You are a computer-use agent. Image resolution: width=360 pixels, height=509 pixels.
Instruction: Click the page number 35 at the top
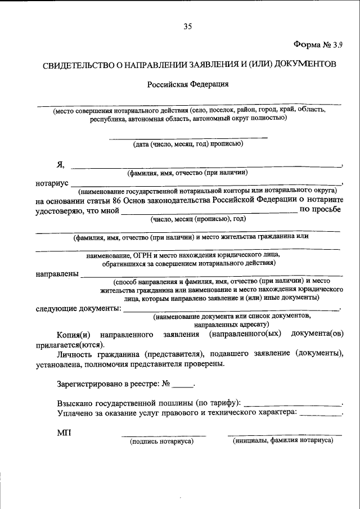pos(187,26)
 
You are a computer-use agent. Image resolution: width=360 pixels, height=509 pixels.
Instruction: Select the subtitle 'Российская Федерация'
pos(187,84)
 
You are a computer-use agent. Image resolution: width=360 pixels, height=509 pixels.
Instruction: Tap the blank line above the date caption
pos(188,137)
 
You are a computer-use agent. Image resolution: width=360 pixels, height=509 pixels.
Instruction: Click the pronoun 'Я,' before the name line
pos(60,165)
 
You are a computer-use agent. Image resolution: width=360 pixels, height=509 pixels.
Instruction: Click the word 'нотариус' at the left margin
pos(52,184)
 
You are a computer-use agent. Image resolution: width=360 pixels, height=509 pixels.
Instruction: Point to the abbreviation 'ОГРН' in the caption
pos(144,255)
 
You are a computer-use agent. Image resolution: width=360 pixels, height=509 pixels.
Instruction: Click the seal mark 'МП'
pos(64,433)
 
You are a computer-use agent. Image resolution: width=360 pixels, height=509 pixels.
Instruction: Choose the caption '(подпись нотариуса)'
pos(161,442)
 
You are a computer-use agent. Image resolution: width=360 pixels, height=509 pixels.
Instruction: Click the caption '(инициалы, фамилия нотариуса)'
pos(283,441)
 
